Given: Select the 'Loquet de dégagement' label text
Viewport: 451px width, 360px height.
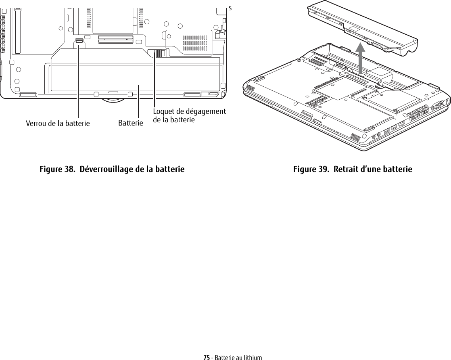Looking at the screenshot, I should pyautogui.click(x=189, y=112).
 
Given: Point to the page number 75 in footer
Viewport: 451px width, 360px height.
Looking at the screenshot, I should pyautogui.click(x=206, y=358).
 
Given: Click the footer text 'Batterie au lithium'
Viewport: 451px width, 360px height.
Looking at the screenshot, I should pyautogui.click(x=238, y=358).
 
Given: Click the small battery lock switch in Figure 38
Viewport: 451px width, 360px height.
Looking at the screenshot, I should pyautogui.click(x=79, y=41).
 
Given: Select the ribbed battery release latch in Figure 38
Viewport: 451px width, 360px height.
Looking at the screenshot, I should pyautogui.click(x=155, y=53).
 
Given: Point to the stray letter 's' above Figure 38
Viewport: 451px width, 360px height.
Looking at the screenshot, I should pyautogui.click(x=230, y=8).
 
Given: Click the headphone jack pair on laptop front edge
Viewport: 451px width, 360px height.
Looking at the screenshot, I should pyautogui.click(x=376, y=136).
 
